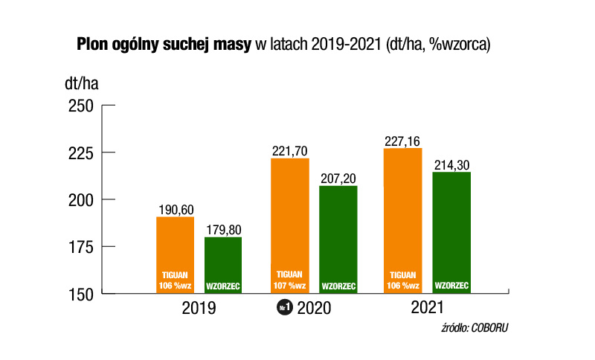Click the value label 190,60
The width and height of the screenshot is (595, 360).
[x=176, y=210]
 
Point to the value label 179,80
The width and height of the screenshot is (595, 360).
[x=223, y=230]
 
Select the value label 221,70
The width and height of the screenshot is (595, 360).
[x=290, y=151]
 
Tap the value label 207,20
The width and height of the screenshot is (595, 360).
[x=338, y=179]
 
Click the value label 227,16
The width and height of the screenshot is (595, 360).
[x=403, y=141]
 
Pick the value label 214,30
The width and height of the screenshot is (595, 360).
[x=451, y=164]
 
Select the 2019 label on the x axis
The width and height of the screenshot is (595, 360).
[x=199, y=308]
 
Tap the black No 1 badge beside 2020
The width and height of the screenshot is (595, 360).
[x=285, y=309]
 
